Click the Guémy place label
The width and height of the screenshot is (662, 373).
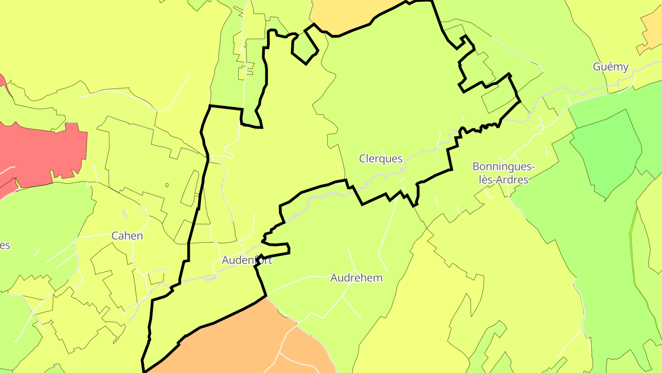tap(611, 67)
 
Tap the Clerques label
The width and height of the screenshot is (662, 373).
tap(381, 159)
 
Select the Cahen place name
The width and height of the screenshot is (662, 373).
tap(127, 236)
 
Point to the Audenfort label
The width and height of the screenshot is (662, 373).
tap(247, 260)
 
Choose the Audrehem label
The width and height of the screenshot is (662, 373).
tap(356, 278)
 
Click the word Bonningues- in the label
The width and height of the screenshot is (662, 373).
tap(504, 166)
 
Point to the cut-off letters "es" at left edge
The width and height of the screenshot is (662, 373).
tap(4, 245)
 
